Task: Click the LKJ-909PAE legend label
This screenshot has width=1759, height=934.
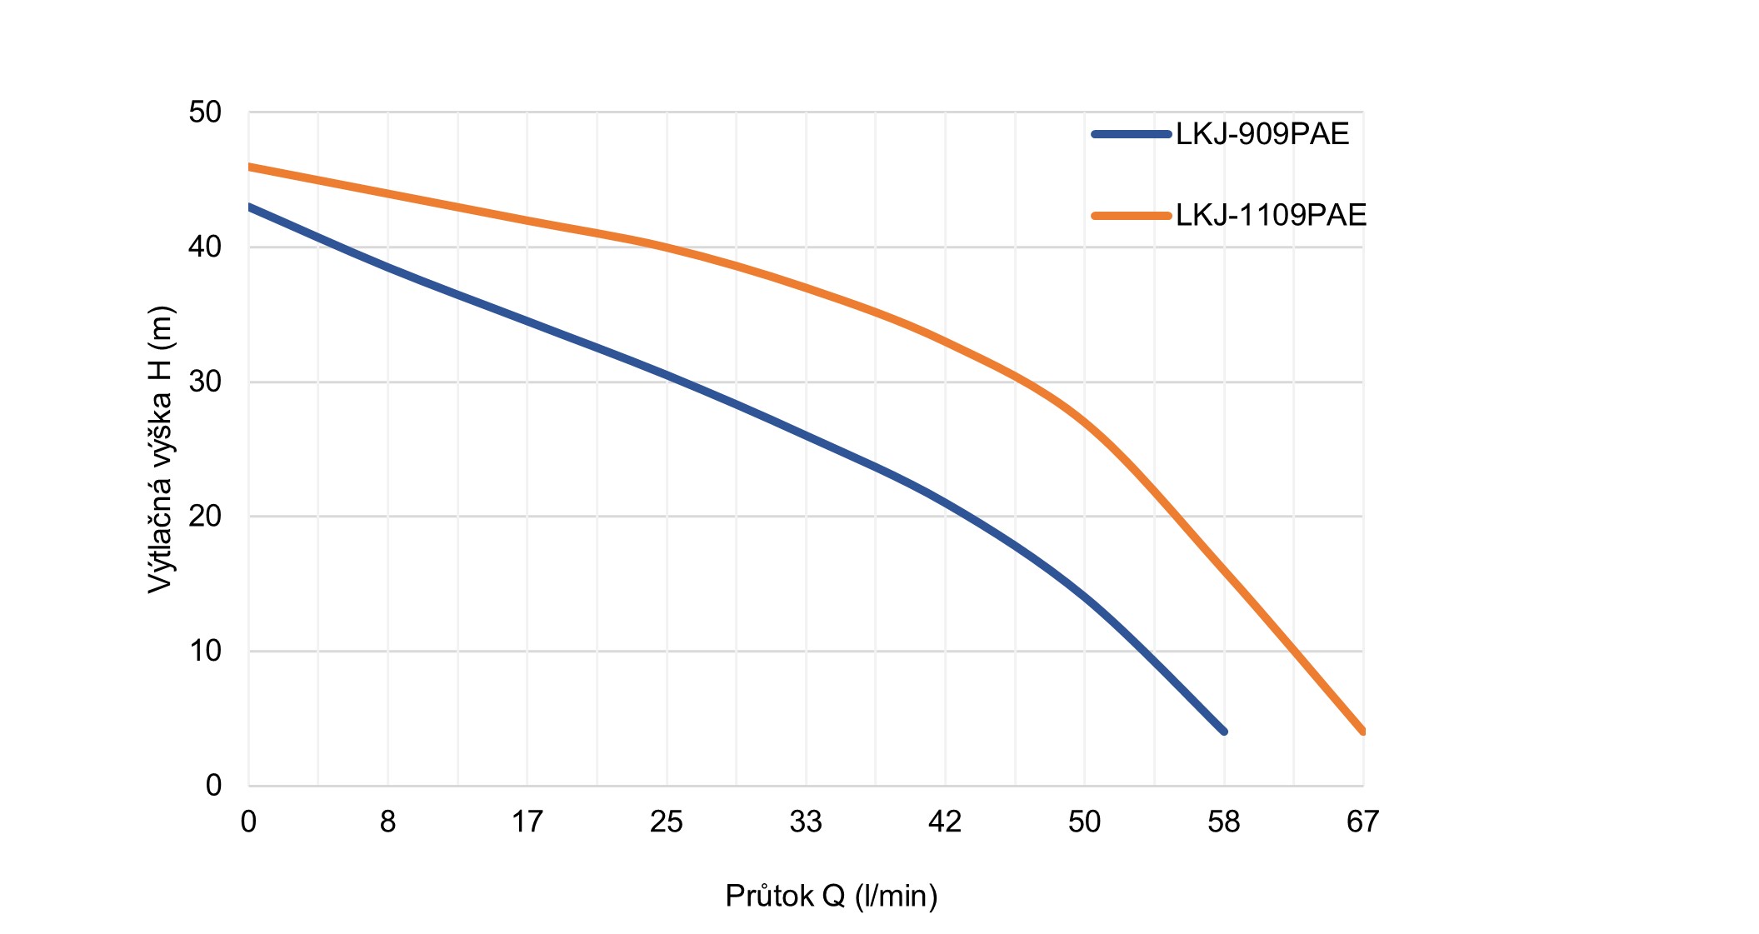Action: click(1262, 134)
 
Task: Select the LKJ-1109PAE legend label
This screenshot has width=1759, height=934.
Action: click(1271, 215)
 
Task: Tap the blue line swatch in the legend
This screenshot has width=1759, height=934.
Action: click(1132, 134)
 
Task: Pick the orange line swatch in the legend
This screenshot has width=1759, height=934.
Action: click(1132, 216)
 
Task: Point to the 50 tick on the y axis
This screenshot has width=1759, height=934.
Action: click(205, 112)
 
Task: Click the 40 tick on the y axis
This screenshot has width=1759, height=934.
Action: click(205, 247)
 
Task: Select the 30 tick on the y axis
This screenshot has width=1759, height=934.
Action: click(205, 382)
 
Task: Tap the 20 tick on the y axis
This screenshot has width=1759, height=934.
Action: click(205, 517)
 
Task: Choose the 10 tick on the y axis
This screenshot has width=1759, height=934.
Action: click(205, 652)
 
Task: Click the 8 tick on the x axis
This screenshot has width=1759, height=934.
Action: click(388, 822)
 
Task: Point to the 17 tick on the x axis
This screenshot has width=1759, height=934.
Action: click(527, 822)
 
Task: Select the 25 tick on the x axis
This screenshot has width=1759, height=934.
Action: click(667, 822)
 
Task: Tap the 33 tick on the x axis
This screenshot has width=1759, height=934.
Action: click(806, 822)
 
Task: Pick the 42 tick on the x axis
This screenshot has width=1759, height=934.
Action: click(945, 822)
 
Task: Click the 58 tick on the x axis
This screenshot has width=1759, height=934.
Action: click(1224, 822)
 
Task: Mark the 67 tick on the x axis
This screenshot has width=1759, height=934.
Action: click(1363, 822)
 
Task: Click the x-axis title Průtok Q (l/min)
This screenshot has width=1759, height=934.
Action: click(832, 896)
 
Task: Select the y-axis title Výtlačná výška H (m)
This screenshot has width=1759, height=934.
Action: click(160, 450)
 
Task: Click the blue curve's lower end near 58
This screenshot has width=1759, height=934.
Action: click(1223, 731)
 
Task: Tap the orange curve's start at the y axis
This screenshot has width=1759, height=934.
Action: click(251, 167)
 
